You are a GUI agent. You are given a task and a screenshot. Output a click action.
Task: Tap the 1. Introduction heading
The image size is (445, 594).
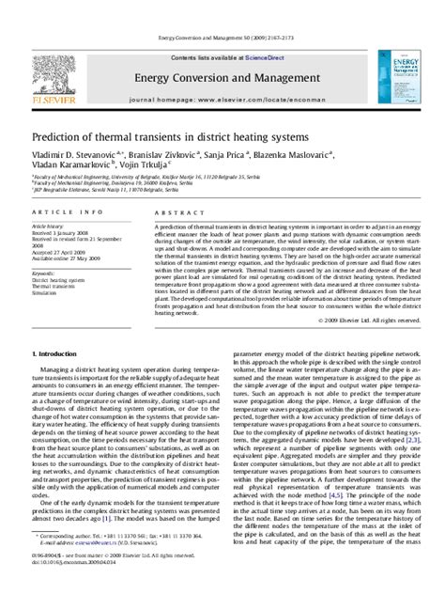pyautogui.click(x=58, y=379)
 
